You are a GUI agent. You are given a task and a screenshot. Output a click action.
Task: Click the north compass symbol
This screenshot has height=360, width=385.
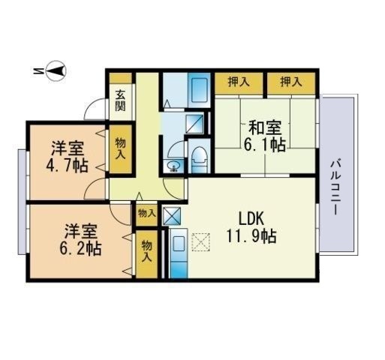point(55,71)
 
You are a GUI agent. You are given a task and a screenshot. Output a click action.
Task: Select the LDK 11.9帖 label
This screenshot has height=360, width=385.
point(251,227)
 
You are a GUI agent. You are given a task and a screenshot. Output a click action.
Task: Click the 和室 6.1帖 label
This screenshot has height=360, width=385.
point(265,136)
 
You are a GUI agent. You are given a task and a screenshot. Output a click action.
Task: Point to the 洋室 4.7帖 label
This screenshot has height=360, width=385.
point(67,157)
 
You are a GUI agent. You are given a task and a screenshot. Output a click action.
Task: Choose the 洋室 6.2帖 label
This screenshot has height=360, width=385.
point(80,239)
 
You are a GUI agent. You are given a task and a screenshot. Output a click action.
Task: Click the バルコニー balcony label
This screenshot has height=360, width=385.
point(335,187)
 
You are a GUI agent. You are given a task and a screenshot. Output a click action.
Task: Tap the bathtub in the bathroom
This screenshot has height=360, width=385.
point(199,90)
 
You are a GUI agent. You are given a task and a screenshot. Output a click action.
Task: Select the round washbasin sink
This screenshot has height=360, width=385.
point(173,165)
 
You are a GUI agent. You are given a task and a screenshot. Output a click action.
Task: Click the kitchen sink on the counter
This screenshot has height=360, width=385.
point(179,244)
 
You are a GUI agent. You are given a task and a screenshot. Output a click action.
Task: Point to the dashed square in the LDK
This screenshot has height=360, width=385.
point(200,242)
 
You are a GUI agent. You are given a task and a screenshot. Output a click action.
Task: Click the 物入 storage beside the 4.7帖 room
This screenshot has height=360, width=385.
point(120,149)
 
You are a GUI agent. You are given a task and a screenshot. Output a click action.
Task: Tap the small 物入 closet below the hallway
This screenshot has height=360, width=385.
point(147,214)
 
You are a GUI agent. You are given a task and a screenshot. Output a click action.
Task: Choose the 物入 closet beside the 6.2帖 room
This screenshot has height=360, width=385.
point(147,254)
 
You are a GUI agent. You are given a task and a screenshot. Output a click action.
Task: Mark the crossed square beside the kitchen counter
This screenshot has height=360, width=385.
point(172,216)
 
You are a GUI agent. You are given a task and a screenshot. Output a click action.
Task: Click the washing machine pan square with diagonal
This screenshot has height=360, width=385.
point(194,124)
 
